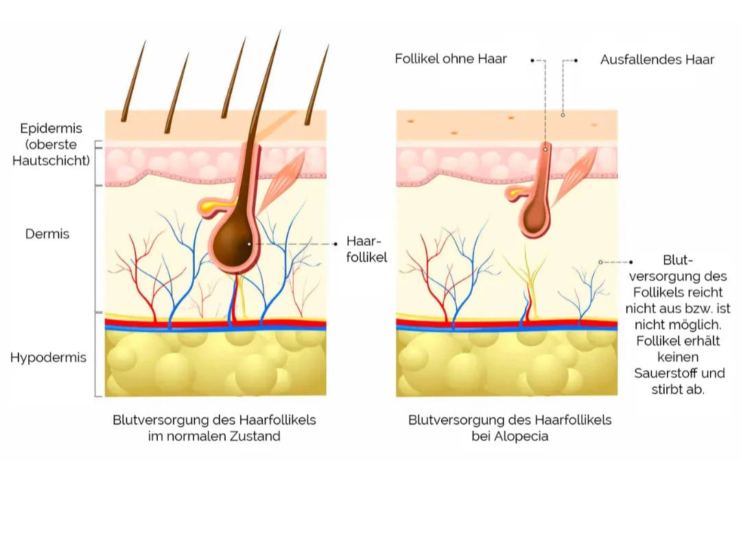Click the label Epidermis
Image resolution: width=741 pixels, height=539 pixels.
(x=51, y=128)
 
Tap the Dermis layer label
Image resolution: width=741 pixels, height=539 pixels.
(x=47, y=234)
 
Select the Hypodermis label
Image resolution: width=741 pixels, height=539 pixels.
(x=48, y=358)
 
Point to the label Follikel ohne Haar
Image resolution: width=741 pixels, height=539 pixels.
(x=451, y=59)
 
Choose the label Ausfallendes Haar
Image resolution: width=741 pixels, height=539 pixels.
(x=657, y=60)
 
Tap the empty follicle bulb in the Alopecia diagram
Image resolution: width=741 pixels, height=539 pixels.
(x=535, y=219)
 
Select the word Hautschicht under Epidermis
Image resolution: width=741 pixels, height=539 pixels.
(x=51, y=161)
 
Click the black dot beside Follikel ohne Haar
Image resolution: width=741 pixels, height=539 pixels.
(x=532, y=60)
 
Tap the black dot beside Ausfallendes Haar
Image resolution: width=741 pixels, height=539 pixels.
(x=576, y=60)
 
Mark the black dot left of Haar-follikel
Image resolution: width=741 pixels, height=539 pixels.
(x=336, y=244)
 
